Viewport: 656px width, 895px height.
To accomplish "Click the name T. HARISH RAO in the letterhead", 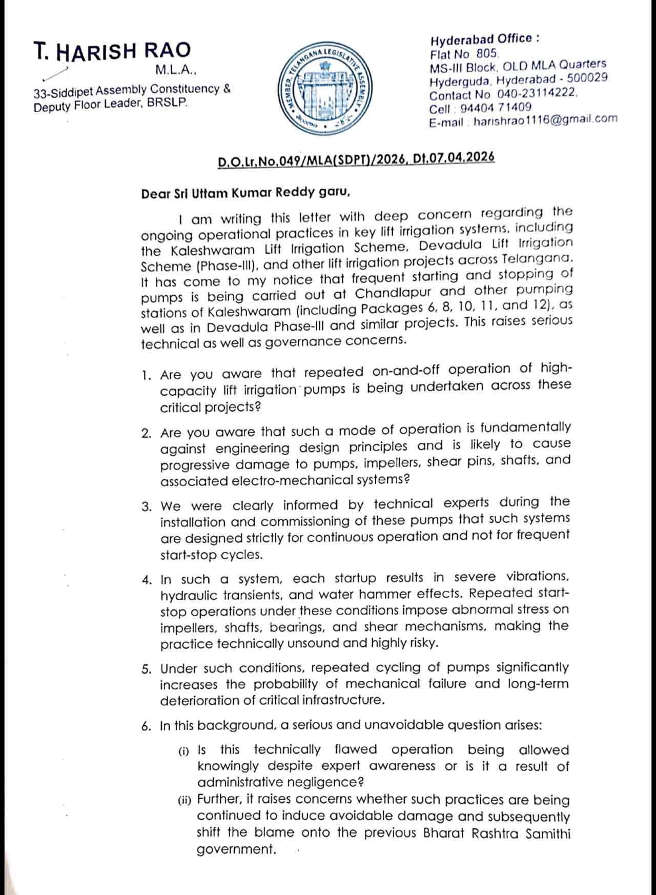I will click(x=112, y=50).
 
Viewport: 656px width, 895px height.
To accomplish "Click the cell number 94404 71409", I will click(x=496, y=108).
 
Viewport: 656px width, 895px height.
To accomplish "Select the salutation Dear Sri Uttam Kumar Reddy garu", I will click(x=247, y=193).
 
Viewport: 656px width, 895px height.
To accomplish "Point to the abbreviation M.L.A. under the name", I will click(x=176, y=69).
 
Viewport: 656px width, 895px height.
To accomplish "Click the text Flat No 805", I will click(x=464, y=53).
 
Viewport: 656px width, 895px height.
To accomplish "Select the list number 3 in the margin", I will click(x=147, y=506).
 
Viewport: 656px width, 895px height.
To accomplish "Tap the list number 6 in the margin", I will click(x=147, y=726).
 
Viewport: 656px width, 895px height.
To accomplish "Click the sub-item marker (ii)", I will click(x=184, y=800).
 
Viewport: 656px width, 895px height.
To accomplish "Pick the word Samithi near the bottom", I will click(x=548, y=833).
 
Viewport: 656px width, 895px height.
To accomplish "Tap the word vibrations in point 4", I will click(x=538, y=577).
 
